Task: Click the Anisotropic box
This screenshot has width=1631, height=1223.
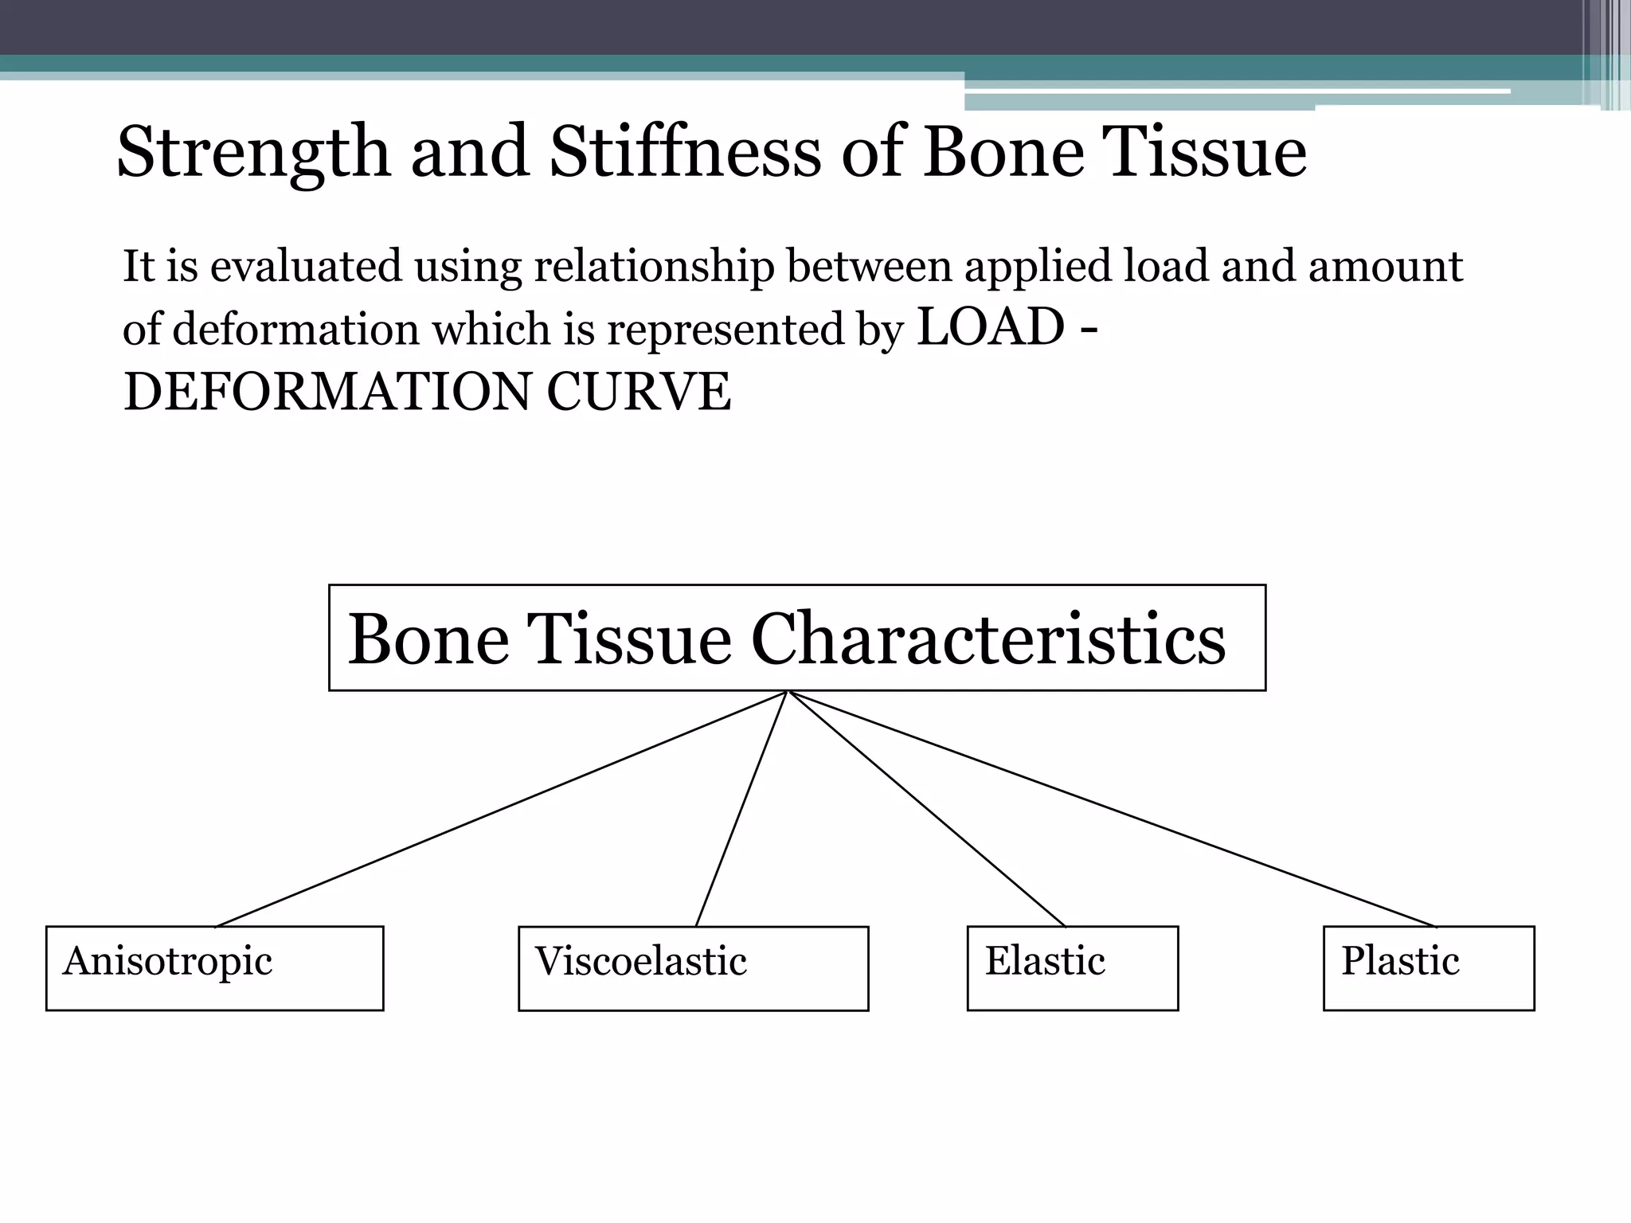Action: click(214, 967)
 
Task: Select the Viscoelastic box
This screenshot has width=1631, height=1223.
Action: click(693, 968)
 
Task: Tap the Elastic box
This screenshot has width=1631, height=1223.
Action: click(1072, 967)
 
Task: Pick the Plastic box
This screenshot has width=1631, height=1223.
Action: click(1428, 967)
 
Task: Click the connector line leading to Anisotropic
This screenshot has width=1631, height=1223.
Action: click(502, 809)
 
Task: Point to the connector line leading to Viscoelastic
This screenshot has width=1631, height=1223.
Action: click(741, 809)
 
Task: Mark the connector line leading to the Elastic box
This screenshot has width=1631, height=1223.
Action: click(926, 809)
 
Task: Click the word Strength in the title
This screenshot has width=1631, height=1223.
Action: click(254, 153)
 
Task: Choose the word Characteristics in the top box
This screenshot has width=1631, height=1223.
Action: click(988, 639)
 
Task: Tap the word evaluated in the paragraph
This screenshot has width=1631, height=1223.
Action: click(306, 267)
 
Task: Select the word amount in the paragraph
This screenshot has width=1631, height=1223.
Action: click(1385, 267)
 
